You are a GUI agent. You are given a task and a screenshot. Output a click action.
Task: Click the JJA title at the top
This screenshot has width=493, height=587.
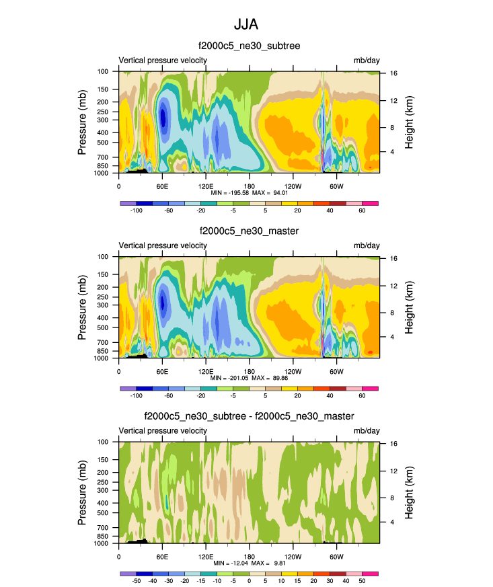(246, 24)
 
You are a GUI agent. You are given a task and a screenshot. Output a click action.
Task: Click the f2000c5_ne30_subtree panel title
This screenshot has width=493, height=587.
(249, 46)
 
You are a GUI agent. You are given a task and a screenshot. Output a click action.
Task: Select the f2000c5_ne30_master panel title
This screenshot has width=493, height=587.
(249, 231)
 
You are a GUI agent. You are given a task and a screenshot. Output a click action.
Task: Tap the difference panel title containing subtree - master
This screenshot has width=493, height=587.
(249, 417)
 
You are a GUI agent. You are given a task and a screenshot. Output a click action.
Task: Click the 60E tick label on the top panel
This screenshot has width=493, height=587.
(162, 185)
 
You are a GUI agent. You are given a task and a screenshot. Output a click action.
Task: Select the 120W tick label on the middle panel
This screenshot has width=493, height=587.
(293, 370)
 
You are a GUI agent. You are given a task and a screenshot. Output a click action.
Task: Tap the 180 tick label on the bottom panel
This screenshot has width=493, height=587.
(250, 556)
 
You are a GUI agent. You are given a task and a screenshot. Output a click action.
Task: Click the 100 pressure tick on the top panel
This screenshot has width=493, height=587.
(104, 71)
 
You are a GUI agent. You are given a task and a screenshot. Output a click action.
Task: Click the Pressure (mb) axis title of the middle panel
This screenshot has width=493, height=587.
(83, 307)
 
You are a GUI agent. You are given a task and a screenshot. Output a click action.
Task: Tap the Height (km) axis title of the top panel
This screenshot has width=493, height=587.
(409, 122)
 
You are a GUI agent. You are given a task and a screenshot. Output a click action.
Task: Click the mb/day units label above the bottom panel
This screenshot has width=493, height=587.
(367, 431)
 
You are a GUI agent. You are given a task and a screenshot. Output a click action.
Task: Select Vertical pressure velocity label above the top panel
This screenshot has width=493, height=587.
(163, 60)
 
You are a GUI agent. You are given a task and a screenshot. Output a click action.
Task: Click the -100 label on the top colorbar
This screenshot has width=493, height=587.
(137, 210)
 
